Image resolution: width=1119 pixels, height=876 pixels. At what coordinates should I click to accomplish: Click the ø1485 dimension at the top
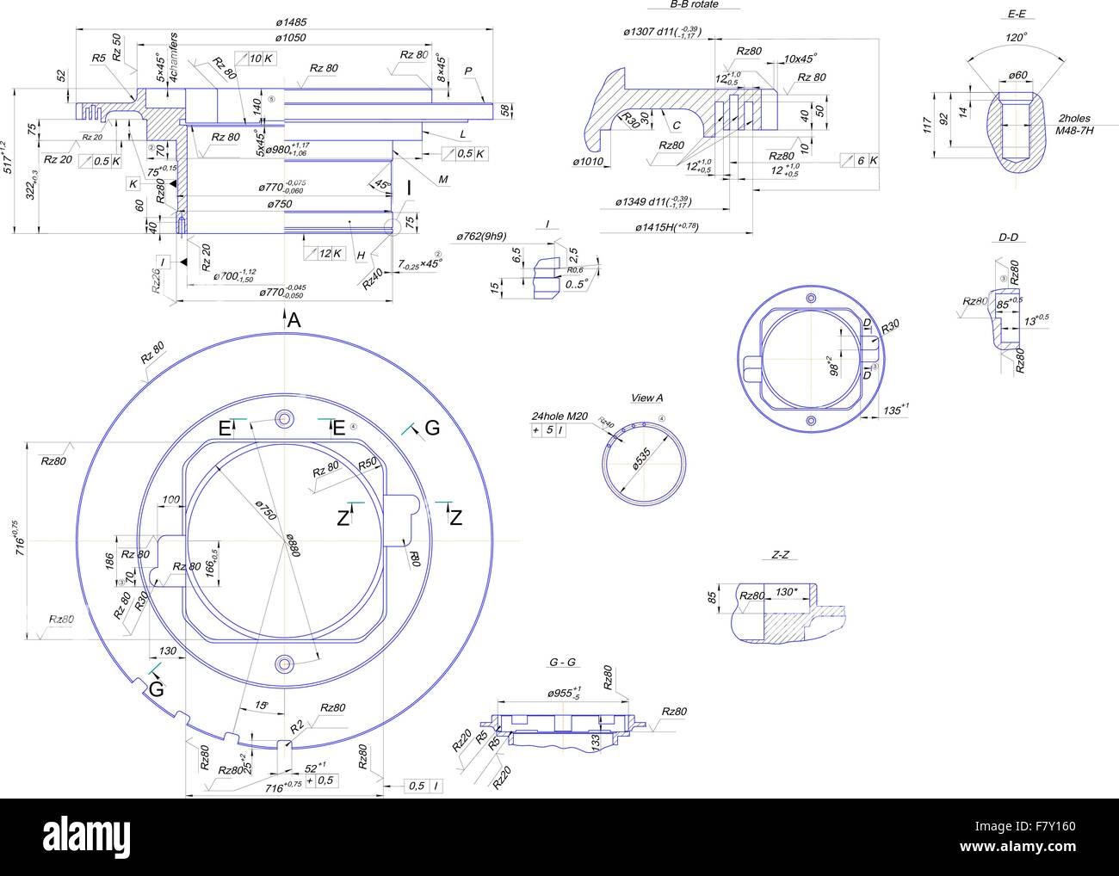pyautogui.click(x=291, y=22)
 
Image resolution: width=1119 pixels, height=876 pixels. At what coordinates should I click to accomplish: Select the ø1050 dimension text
pyautogui.click(x=291, y=38)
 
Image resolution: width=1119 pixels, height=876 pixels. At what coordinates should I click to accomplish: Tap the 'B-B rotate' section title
pyautogui.click(x=693, y=4)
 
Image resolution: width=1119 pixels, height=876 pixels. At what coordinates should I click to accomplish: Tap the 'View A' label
pyautogui.click(x=646, y=398)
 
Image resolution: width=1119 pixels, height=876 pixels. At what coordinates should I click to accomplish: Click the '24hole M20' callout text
pyautogui.click(x=559, y=416)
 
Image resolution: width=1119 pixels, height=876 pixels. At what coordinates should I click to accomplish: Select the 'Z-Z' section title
pyautogui.click(x=779, y=555)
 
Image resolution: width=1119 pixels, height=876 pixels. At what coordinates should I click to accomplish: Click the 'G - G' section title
pyautogui.click(x=562, y=662)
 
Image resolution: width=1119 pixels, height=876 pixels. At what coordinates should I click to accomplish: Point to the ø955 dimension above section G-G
pyautogui.click(x=564, y=692)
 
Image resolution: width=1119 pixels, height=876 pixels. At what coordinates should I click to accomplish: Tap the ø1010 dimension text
pyautogui.click(x=590, y=161)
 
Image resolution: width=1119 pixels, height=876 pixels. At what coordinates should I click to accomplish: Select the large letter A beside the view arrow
pyautogui.click(x=294, y=321)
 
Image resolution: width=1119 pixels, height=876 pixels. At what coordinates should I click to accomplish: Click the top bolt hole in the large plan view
pyautogui.click(x=284, y=418)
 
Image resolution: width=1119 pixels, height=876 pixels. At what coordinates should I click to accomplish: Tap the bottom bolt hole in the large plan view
pyautogui.click(x=284, y=663)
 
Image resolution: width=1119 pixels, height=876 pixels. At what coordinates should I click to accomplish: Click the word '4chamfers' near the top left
pyautogui.click(x=173, y=58)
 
